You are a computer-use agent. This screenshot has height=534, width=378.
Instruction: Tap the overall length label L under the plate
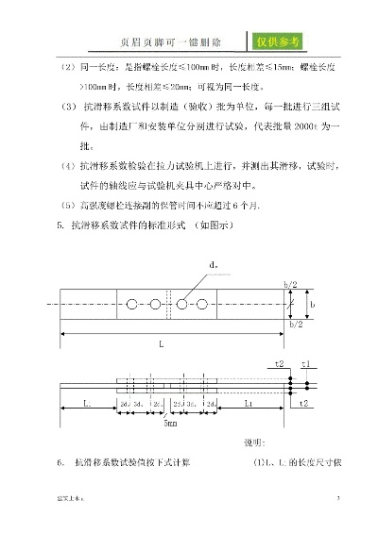point(162,345)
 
